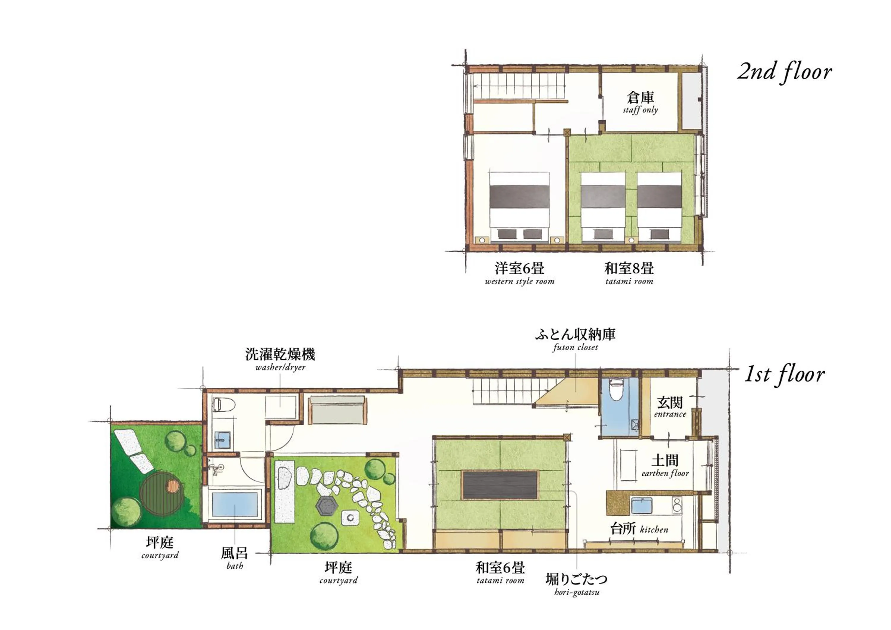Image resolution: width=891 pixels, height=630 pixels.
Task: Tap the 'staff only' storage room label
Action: click(x=640, y=110)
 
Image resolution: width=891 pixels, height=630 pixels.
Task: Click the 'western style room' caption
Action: click(x=519, y=281)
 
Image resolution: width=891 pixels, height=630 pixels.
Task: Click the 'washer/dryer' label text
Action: click(x=280, y=367)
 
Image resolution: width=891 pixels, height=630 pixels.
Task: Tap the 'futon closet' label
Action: click(x=575, y=347)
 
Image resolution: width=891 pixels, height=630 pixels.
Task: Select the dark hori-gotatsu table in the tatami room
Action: click(x=500, y=485)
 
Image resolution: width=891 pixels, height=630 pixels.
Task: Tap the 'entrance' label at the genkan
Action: click(x=670, y=414)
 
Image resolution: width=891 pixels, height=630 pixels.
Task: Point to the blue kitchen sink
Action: click(x=642, y=506)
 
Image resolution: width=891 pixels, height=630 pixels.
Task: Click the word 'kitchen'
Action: click(x=654, y=530)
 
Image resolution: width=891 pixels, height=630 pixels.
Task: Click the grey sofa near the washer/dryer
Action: click(x=337, y=410)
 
